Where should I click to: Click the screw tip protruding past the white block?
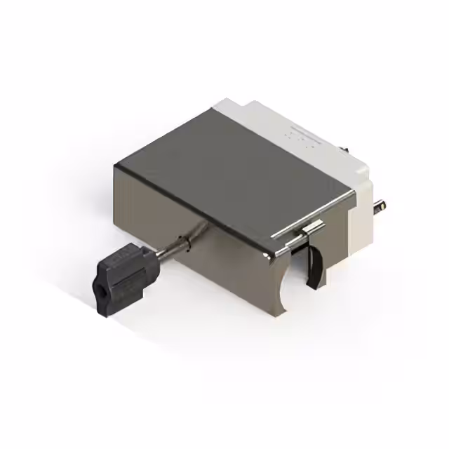pos(380,207)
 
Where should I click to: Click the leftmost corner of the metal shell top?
pos(116,164)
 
